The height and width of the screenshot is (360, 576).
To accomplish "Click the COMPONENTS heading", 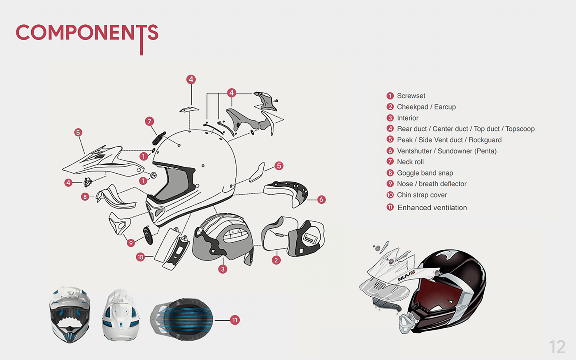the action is (x=87, y=33).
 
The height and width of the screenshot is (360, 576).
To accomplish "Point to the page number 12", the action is (x=557, y=347).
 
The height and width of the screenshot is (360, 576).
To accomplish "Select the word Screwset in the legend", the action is (x=411, y=96).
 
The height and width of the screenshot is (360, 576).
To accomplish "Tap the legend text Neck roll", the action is (x=410, y=162).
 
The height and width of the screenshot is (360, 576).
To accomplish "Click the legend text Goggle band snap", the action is (x=425, y=173).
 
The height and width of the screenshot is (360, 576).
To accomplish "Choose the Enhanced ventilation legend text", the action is (x=432, y=208).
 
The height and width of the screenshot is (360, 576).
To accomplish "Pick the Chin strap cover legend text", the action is (x=422, y=195).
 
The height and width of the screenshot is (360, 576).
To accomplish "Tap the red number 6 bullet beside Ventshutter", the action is (x=390, y=151).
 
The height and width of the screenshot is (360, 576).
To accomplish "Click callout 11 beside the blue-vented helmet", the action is (x=235, y=320).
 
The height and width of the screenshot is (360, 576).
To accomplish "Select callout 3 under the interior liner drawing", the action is (x=223, y=269).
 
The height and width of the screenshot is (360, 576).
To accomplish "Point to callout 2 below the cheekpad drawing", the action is (x=276, y=260).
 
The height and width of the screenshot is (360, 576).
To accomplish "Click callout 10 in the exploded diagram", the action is (x=140, y=257).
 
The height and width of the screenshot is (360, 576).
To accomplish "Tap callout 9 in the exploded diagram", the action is (x=131, y=243).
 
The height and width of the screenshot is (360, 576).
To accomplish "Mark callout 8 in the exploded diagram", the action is (x=85, y=197).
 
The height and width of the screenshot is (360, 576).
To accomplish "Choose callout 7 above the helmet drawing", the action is (x=149, y=121).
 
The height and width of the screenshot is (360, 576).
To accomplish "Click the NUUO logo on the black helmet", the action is (x=406, y=276).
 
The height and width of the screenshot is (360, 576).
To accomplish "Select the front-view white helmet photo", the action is (x=70, y=315).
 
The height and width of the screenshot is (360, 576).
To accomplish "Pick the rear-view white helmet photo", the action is (x=121, y=315).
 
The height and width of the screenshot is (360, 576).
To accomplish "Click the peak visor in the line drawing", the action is (x=99, y=160).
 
